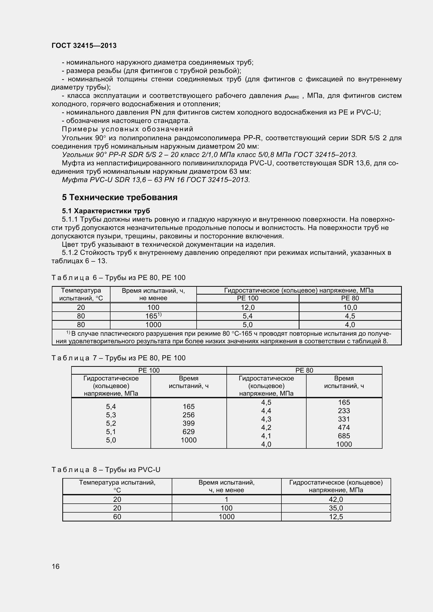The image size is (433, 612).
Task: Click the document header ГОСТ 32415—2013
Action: pyautogui.click(x=84, y=46)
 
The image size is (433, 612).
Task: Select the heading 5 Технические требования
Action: pyautogui.click(x=120, y=197)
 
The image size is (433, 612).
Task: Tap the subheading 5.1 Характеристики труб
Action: pyautogui.click(x=106, y=211)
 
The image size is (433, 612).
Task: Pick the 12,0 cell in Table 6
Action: pyautogui.click(x=247, y=307)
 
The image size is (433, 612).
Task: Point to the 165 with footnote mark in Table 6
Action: pyautogui.click(x=154, y=316)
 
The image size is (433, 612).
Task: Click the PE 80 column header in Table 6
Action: pyautogui.click(x=350, y=298)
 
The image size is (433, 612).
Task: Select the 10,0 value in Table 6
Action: pyautogui.click(x=350, y=307)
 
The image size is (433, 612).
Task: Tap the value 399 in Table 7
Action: pyautogui.click(x=188, y=423)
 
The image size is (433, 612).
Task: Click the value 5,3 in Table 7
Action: pyautogui.click(x=111, y=415)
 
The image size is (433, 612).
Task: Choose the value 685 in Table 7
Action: pyautogui.click(x=344, y=436)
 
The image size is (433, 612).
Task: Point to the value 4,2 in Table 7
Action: pyautogui.click(x=266, y=428)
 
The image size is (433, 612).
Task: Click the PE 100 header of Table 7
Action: pyautogui.click(x=149, y=370)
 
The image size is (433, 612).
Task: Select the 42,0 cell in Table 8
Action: pyautogui.click(x=336, y=499)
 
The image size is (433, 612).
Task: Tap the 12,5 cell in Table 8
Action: pyautogui.click(x=336, y=516)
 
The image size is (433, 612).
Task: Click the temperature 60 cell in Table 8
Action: pyautogui.click(x=117, y=516)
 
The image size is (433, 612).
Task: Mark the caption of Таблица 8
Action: pyautogui.click(x=106, y=469)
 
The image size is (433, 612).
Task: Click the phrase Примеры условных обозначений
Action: pyautogui.click(x=127, y=129)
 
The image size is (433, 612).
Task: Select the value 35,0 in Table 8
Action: pyautogui.click(x=336, y=508)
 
